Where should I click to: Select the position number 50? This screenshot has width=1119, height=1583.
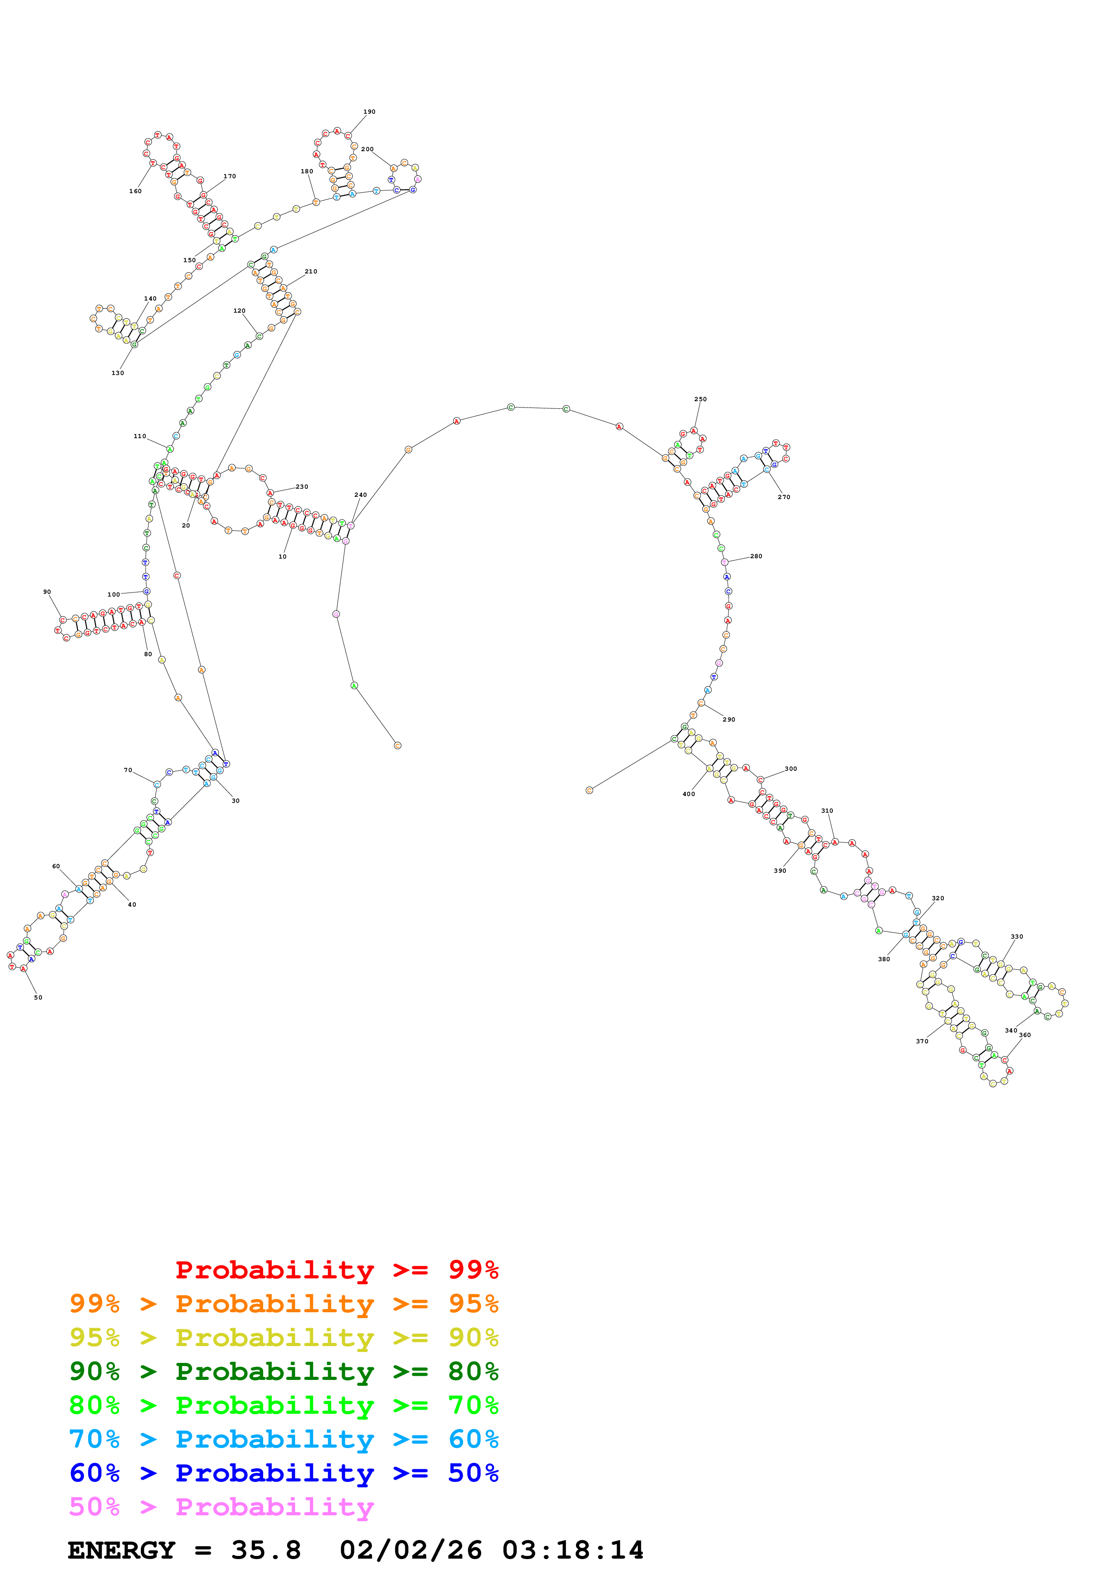(x=38, y=998)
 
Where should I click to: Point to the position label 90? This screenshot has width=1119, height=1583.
(x=47, y=592)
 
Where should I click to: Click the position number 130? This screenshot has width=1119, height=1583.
(x=118, y=373)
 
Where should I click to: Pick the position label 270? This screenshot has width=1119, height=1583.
(x=784, y=497)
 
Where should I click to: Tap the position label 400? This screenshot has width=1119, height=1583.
(x=689, y=794)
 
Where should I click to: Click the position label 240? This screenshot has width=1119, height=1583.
(x=361, y=495)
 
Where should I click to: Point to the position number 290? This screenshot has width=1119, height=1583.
(x=729, y=720)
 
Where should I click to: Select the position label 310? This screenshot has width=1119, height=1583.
(x=826, y=811)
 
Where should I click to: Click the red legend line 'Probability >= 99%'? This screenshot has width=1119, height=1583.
(x=336, y=1270)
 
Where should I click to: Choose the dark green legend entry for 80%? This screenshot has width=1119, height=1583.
(x=283, y=1371)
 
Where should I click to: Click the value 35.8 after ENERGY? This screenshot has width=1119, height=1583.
(x=266, y=1551)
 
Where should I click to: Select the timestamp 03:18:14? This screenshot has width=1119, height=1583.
(x=572, y=1551)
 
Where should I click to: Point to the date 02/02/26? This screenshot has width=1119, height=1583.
(x=411, y=1551)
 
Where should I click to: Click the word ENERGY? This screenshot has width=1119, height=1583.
(x=121, y=1551)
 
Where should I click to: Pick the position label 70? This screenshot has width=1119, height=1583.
(x=128, y=770)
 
